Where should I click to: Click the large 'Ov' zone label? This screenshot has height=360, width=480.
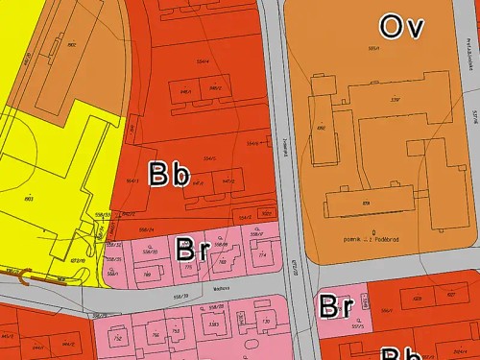401,26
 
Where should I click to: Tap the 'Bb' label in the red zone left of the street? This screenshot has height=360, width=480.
169,175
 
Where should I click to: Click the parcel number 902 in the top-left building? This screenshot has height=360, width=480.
72,44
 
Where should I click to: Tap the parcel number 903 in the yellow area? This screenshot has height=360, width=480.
28,199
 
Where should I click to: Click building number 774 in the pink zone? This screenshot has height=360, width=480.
262,255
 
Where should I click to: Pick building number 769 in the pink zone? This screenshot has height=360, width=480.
147,274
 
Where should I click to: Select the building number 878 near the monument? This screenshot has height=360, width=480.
366,204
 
